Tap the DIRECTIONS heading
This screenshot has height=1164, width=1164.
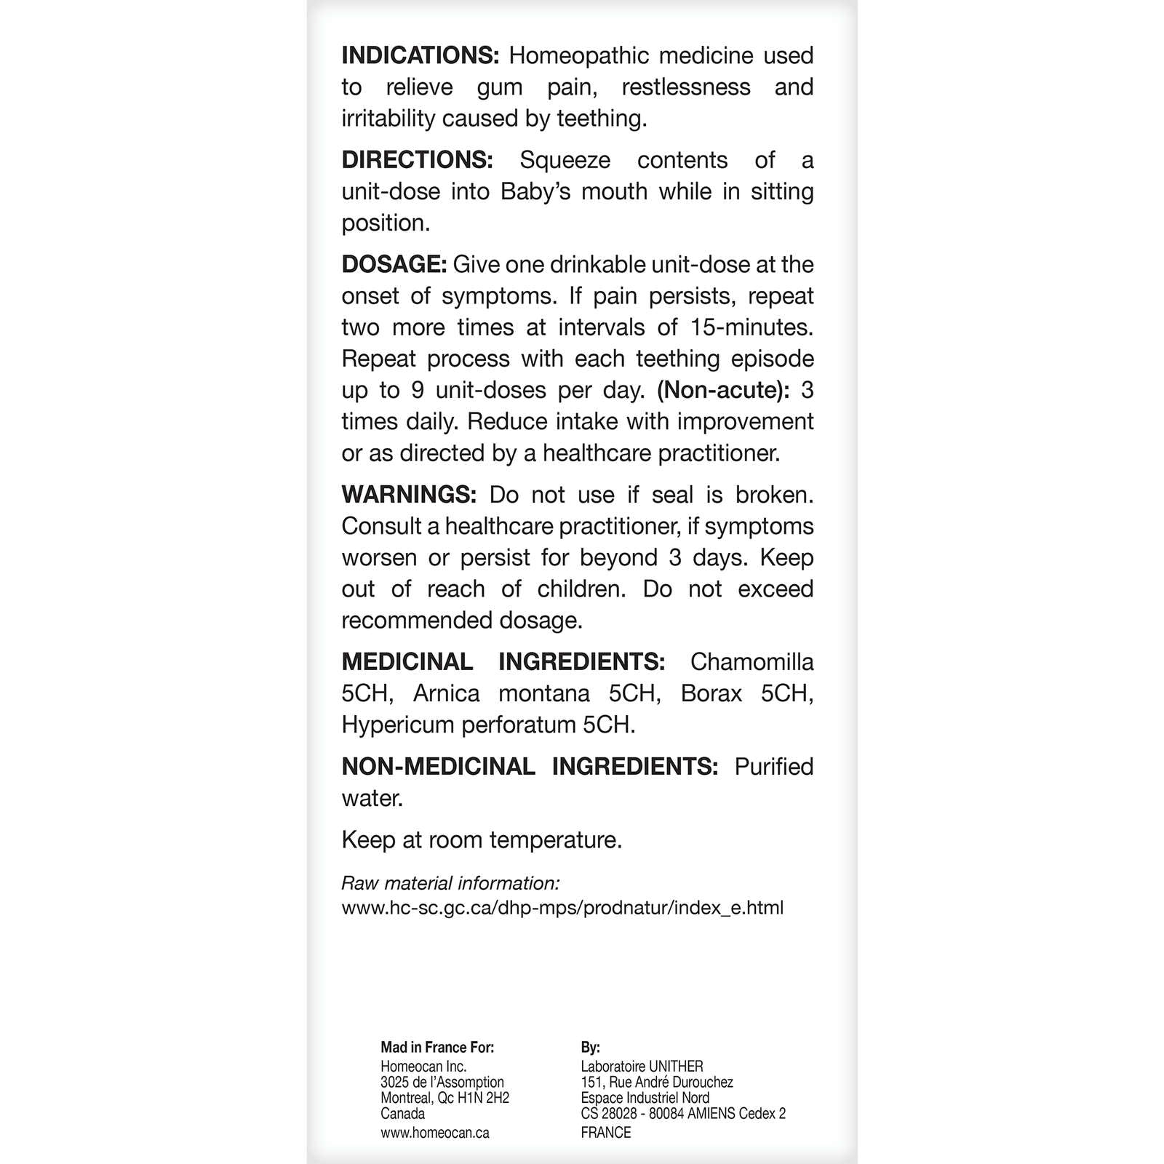coord(418,160)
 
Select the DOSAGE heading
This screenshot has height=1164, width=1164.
coord(394,265)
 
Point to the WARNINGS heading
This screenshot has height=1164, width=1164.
coord(409,495)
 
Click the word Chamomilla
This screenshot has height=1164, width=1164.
coord(752,662)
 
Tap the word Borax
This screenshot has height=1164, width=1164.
coord(711,693)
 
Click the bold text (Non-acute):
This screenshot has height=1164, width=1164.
coord(723,391)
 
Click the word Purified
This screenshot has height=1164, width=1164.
coord(773,767)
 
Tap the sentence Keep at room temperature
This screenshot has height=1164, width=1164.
coord(482,840)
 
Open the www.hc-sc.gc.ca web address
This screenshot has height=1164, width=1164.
coord(562,908)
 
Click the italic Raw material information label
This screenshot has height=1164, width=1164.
coord(450,884)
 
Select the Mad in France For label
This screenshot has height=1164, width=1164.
coord(437,1048)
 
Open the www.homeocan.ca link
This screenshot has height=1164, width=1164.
coord(434,1133)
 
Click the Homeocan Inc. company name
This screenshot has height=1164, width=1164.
coord(423,1067)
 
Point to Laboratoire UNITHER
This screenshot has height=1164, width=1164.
coord(642,1067)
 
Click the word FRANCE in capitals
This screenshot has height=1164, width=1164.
coord(606,1133)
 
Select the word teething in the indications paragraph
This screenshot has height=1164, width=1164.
coord(600,119)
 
